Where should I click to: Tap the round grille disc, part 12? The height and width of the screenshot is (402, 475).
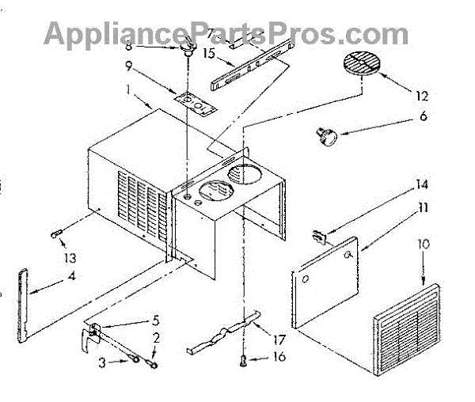(x=362, y=64)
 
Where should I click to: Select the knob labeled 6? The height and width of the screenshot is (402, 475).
(x=326, y=137)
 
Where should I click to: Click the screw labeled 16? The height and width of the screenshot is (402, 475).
(x=242, y=361)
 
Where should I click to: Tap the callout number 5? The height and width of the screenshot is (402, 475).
(x=155, y=322)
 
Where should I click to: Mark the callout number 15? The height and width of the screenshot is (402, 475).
(x=187, y=53)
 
